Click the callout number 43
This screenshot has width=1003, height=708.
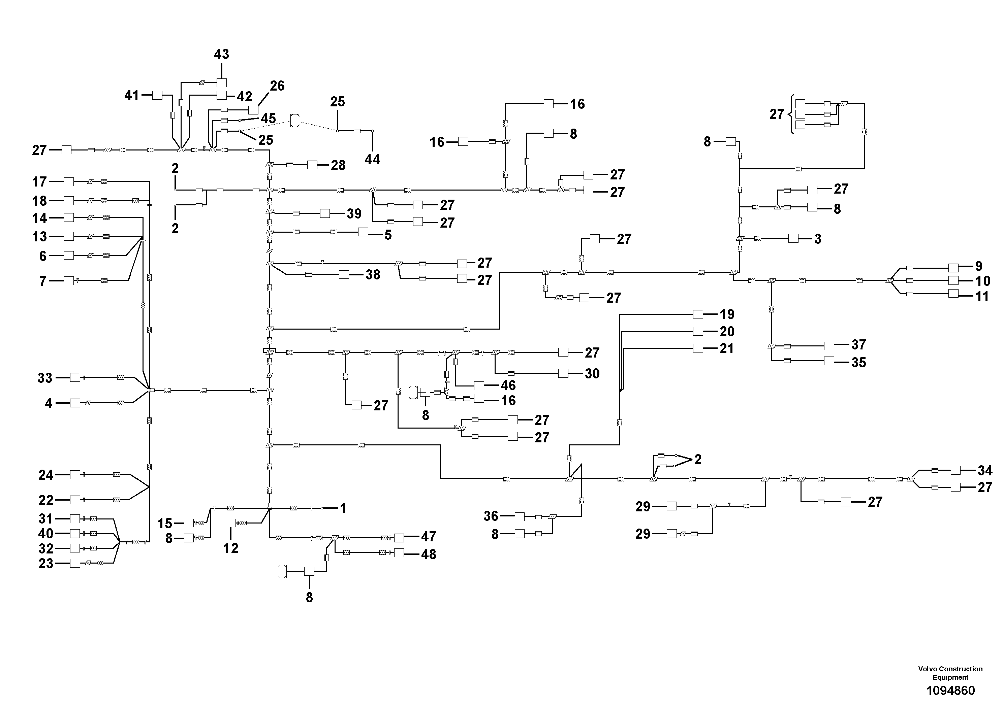click(x=221, y=54)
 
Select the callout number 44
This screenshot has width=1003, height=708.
click(x=372, y=160)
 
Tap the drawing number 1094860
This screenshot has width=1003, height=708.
click(x=950, y=691)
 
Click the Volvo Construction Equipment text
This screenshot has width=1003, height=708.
click(x=950, y=673)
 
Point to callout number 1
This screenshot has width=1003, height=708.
click(x=343, y=508)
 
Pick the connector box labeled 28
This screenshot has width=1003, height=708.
click(x=312, y=165)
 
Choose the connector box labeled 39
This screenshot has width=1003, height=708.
click(x=325, y=213)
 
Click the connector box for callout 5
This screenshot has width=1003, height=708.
click(x=363, y=232)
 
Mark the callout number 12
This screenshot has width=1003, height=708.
click(x=231, y=548)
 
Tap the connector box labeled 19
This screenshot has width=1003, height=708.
click(x=698, y=314)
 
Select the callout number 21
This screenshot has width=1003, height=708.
click(x=727, y=348)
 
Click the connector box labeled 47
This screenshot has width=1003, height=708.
click(x=399, y=538)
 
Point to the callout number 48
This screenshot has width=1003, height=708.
click(x=429, y=554)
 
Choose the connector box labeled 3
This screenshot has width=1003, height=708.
click(x=793, y=238)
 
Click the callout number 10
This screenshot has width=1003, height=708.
click(x=982, y=281)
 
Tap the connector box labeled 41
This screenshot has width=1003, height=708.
click(x=157, y=95)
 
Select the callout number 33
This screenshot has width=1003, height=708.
click(x=45, y=378)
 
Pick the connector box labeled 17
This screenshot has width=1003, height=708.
click(x=69, y=181)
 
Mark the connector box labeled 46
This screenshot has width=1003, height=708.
click(x=479, y=385)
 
